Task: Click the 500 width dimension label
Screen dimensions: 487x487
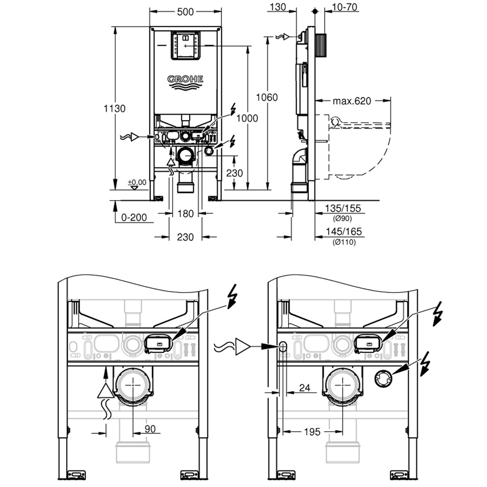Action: point(185,12)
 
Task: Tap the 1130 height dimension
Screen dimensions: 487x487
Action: point(114,109)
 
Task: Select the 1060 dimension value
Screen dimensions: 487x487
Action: point(267,97)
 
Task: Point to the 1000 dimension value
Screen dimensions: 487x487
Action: point(247,118)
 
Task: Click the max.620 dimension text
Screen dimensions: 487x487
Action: point(352,101)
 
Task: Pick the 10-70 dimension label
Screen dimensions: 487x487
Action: point(345,7)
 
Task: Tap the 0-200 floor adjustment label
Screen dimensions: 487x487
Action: point(134,218)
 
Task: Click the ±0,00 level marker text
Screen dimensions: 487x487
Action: point(137,182)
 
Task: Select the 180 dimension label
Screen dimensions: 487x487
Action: point(185,214)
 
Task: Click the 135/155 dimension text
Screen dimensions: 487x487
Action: point(343,208)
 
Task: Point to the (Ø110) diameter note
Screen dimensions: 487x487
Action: point(344,242)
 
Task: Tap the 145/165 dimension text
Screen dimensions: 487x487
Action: point(344,231)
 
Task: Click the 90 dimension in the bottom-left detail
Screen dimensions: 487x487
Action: point(150,429)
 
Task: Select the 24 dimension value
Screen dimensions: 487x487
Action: point(304,388)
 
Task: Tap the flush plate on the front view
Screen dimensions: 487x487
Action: point(185,46)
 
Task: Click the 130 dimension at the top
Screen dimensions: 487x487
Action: point(278,7)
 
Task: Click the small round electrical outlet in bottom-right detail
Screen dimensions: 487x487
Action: point(384,379)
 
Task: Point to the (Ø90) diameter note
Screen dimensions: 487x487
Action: point(343,218)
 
